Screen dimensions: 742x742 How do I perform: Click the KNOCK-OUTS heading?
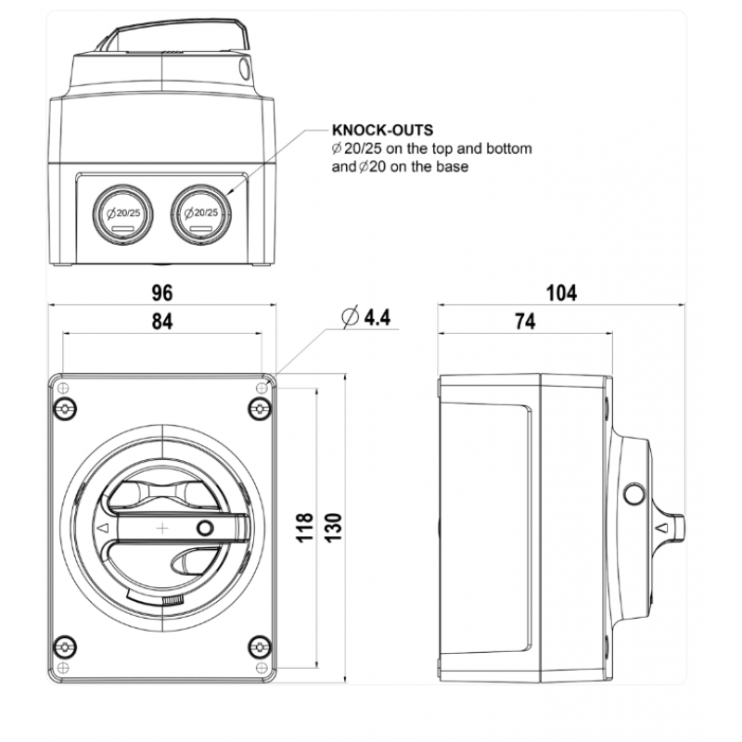coord(382,130)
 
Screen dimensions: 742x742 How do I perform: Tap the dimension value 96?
coord(161,293)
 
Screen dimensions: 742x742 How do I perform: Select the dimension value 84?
coord(161,321)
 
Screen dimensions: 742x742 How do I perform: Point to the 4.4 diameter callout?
coord(366,316)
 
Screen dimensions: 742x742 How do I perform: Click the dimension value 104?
coord(561,293)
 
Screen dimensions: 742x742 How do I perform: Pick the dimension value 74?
coord(525,321)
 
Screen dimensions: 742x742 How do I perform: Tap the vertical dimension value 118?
coord(305,527)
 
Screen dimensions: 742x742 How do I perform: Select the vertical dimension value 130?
coord(333,527)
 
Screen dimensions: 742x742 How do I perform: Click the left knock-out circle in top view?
coord(122,214)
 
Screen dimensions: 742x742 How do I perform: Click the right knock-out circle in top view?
coord(200,214)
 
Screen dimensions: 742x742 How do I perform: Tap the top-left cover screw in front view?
coord(65,408)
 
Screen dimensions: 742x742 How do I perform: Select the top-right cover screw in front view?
coord(260,408)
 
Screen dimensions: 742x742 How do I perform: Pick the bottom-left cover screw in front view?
coord(65,646)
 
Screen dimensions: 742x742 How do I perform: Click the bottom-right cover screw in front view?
coord(260,646)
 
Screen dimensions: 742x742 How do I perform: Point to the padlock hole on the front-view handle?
coord(205,528)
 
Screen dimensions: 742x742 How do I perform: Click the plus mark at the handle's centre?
coord(162,528)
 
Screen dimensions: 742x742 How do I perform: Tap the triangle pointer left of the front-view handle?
coord(102,528)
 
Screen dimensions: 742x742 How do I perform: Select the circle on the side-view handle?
coord(634,494)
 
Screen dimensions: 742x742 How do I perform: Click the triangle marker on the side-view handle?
coord(662,527)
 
